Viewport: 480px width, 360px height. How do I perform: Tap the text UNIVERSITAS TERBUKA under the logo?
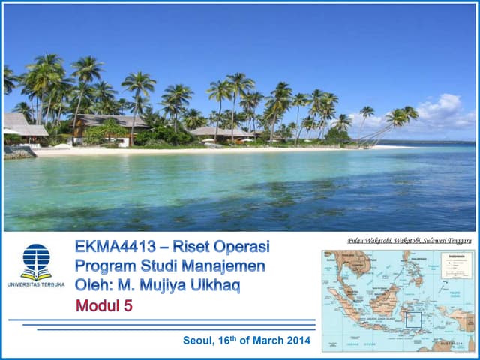tap(36, 284)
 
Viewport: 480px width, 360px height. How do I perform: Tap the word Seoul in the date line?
tap(199, 340)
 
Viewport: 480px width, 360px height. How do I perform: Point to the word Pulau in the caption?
tap(357, 241)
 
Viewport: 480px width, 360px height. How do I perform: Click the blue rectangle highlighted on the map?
tap(413, 319)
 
